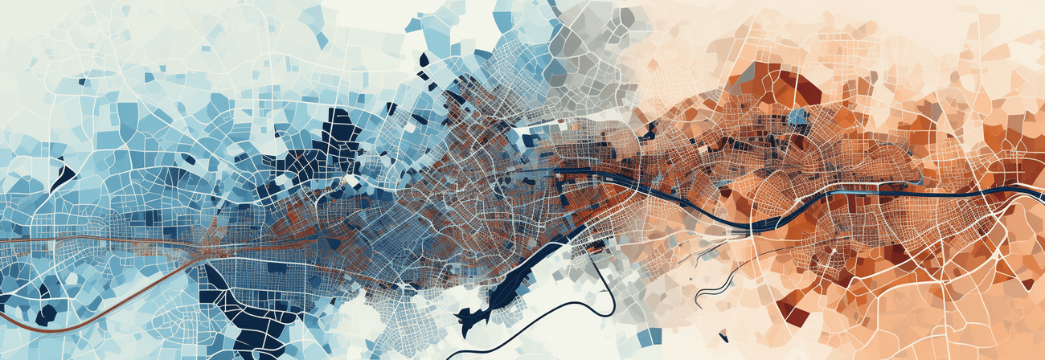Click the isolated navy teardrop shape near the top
point(424,59)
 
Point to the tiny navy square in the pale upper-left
point(83,80)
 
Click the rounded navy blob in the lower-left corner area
point(46,314)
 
